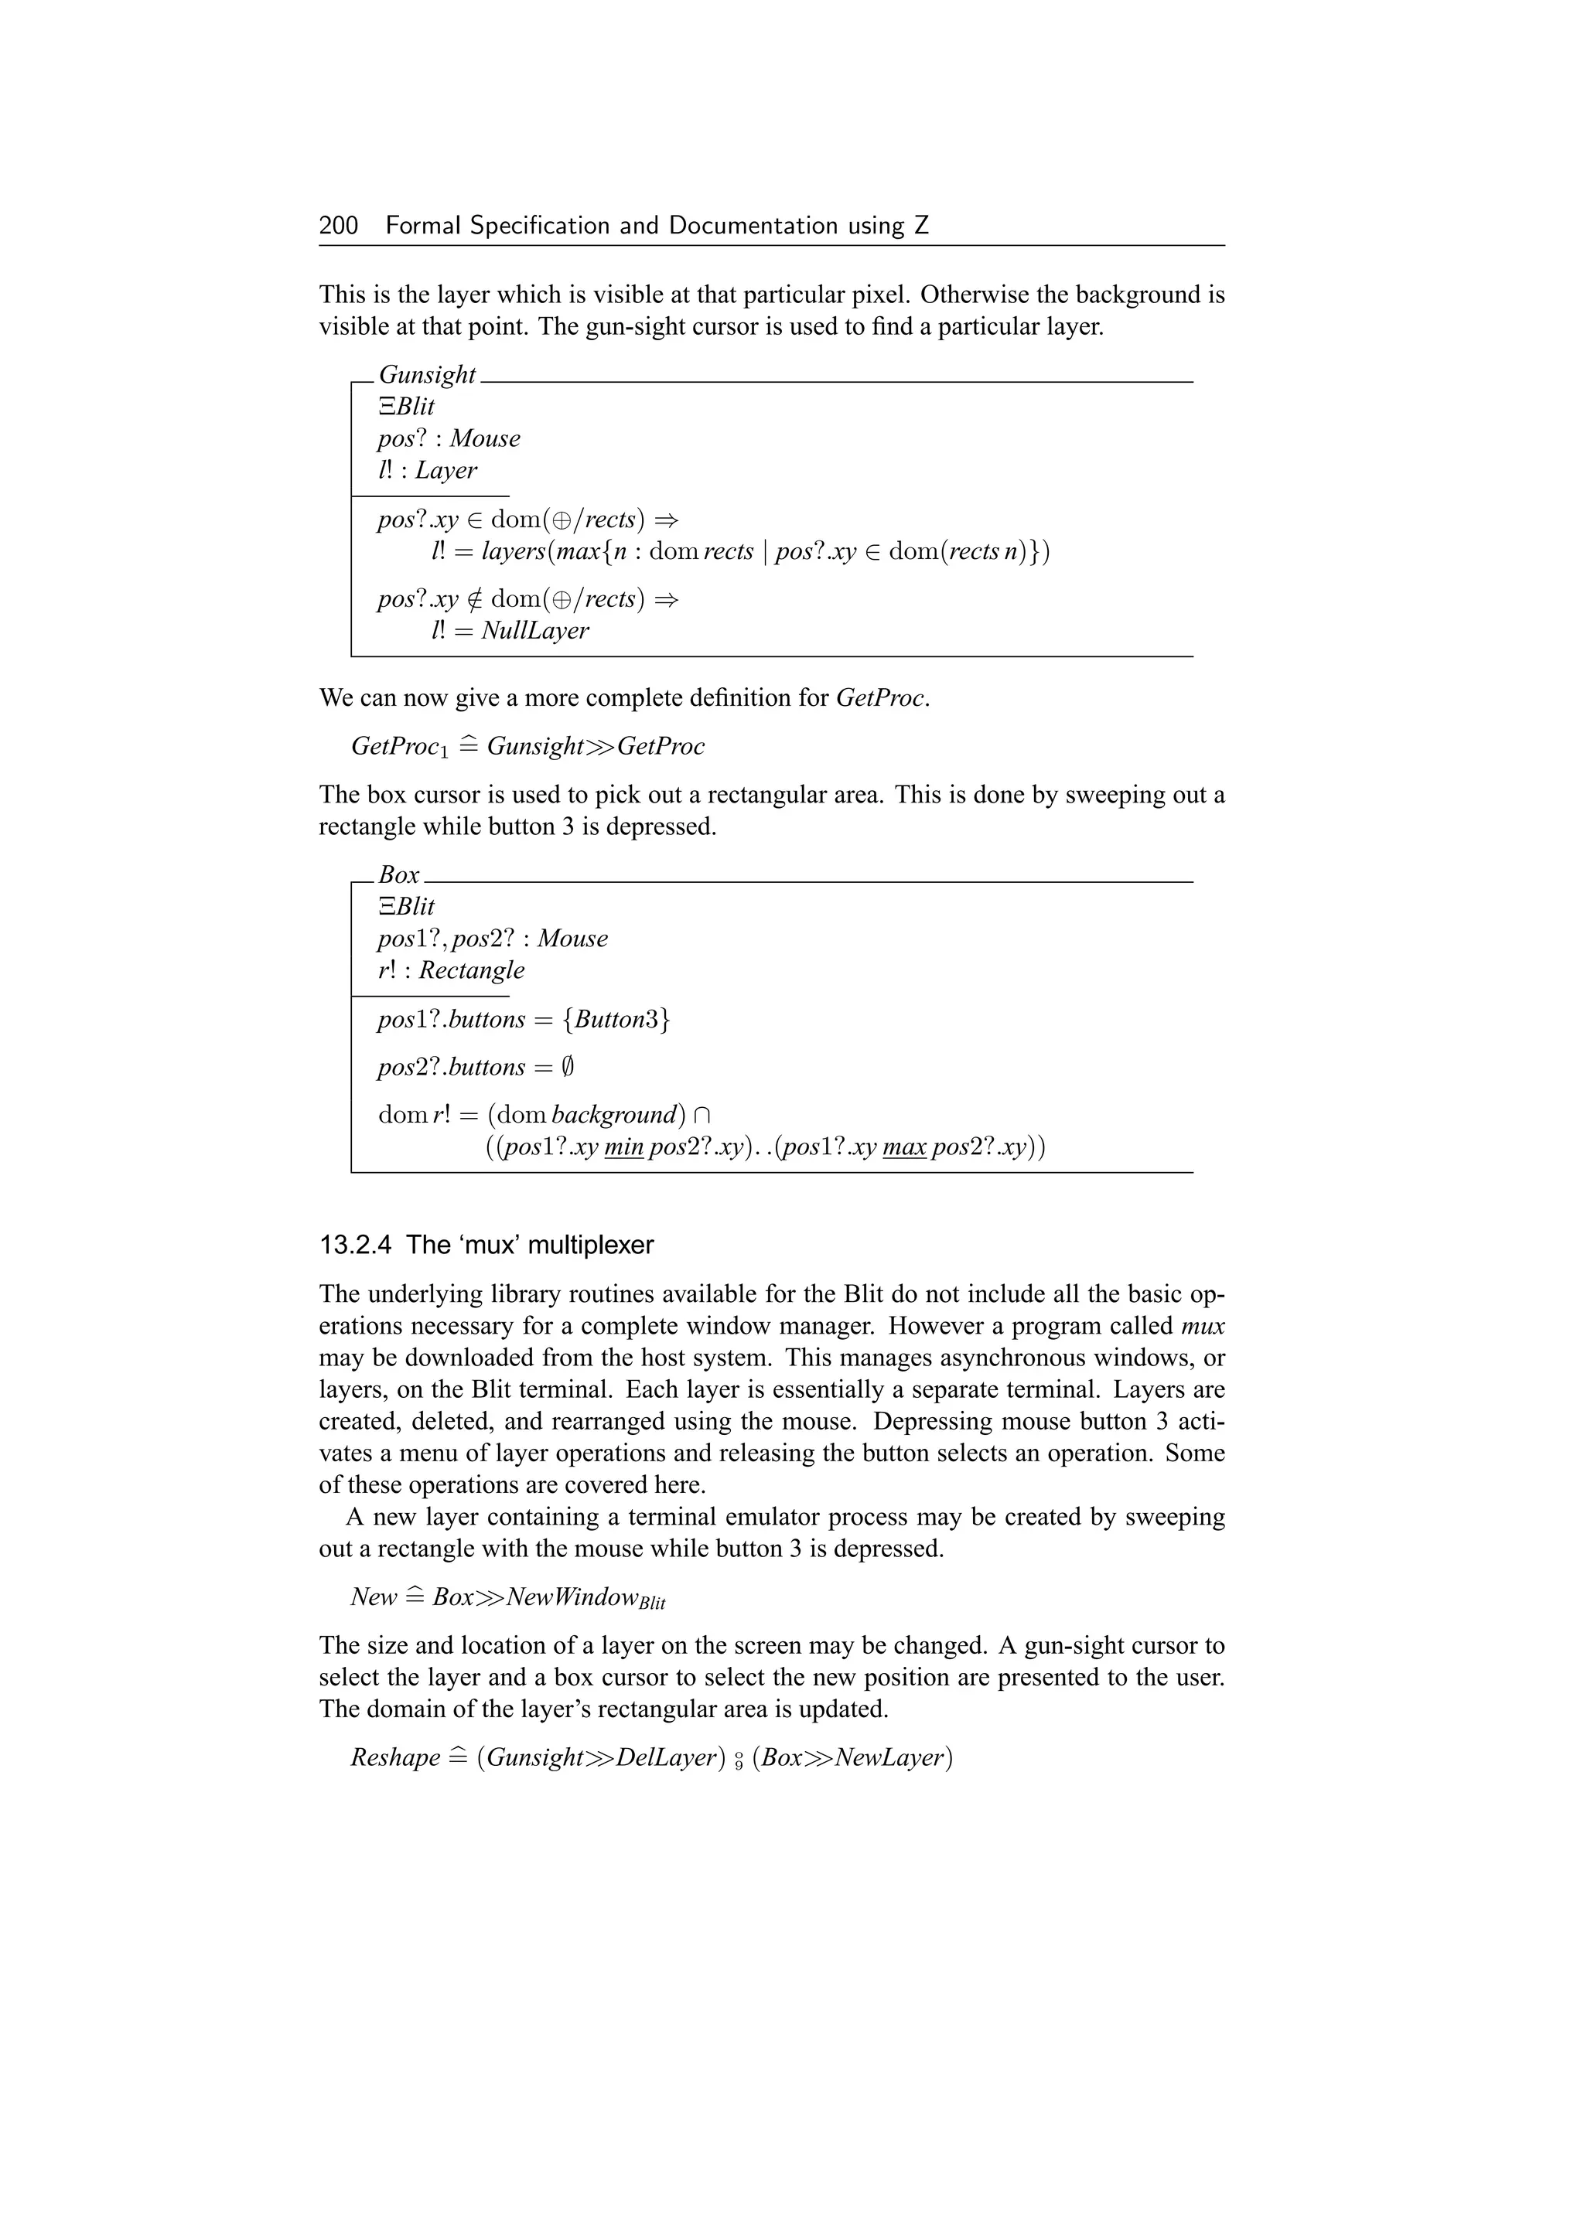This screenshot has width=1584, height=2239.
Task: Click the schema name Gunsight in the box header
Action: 426,376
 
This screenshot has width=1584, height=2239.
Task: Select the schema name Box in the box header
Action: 399,876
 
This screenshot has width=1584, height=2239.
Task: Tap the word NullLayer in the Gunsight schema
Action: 534,631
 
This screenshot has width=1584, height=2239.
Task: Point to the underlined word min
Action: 623,1148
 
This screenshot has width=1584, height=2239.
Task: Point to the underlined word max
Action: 903,1148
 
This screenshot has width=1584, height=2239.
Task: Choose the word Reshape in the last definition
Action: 395,1758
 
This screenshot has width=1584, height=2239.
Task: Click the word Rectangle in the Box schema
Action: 471,970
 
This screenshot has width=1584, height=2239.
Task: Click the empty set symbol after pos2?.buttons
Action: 568,1068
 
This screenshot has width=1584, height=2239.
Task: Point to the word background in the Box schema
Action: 613,1116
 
